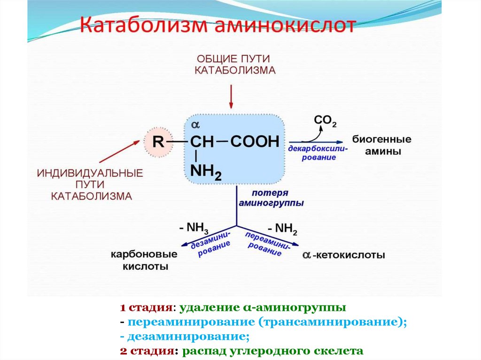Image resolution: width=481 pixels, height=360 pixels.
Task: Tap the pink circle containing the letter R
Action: click(159, 142)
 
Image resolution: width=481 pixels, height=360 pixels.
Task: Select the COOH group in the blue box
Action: click(255, 141)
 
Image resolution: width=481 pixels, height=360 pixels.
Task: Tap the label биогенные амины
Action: click(381, 146)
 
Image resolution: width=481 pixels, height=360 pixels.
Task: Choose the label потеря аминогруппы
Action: click(270, 198)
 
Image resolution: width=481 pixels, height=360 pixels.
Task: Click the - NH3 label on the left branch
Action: click(194, 228)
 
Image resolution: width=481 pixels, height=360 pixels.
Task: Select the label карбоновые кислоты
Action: click(144, 260)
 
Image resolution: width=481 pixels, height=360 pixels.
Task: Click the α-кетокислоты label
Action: click(344, 255)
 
